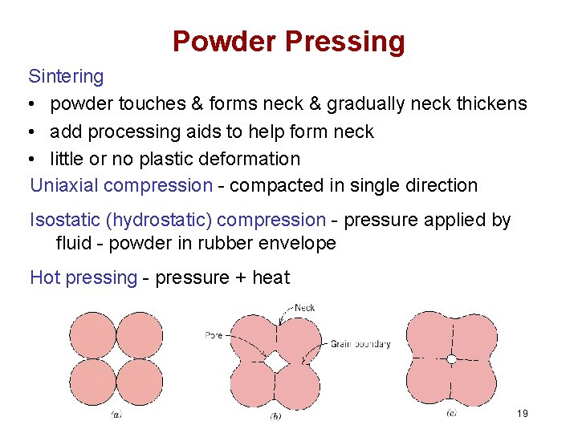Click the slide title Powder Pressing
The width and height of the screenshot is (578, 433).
[x=289, y=41]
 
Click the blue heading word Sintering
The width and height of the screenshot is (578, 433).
[x=66, y=76]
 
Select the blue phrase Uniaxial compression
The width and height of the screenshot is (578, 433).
[x=121, y=185]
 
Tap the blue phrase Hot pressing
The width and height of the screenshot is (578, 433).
[x=83, y=277]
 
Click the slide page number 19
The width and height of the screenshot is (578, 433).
[x=523, y=413]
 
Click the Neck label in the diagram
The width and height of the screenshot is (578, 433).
[x=304, y=307]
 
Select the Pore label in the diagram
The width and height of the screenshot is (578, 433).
[x=213, y=335]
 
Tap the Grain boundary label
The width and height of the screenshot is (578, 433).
[x=360, y=344]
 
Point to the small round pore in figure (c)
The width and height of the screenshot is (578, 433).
[x=451, y=359]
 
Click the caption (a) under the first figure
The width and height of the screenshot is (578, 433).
[x=116, y=415]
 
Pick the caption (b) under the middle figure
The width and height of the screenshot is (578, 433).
[x=275, y=415]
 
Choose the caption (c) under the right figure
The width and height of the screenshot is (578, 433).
[x=451, y=414]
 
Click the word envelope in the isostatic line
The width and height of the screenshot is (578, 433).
[x=299, y=243]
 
